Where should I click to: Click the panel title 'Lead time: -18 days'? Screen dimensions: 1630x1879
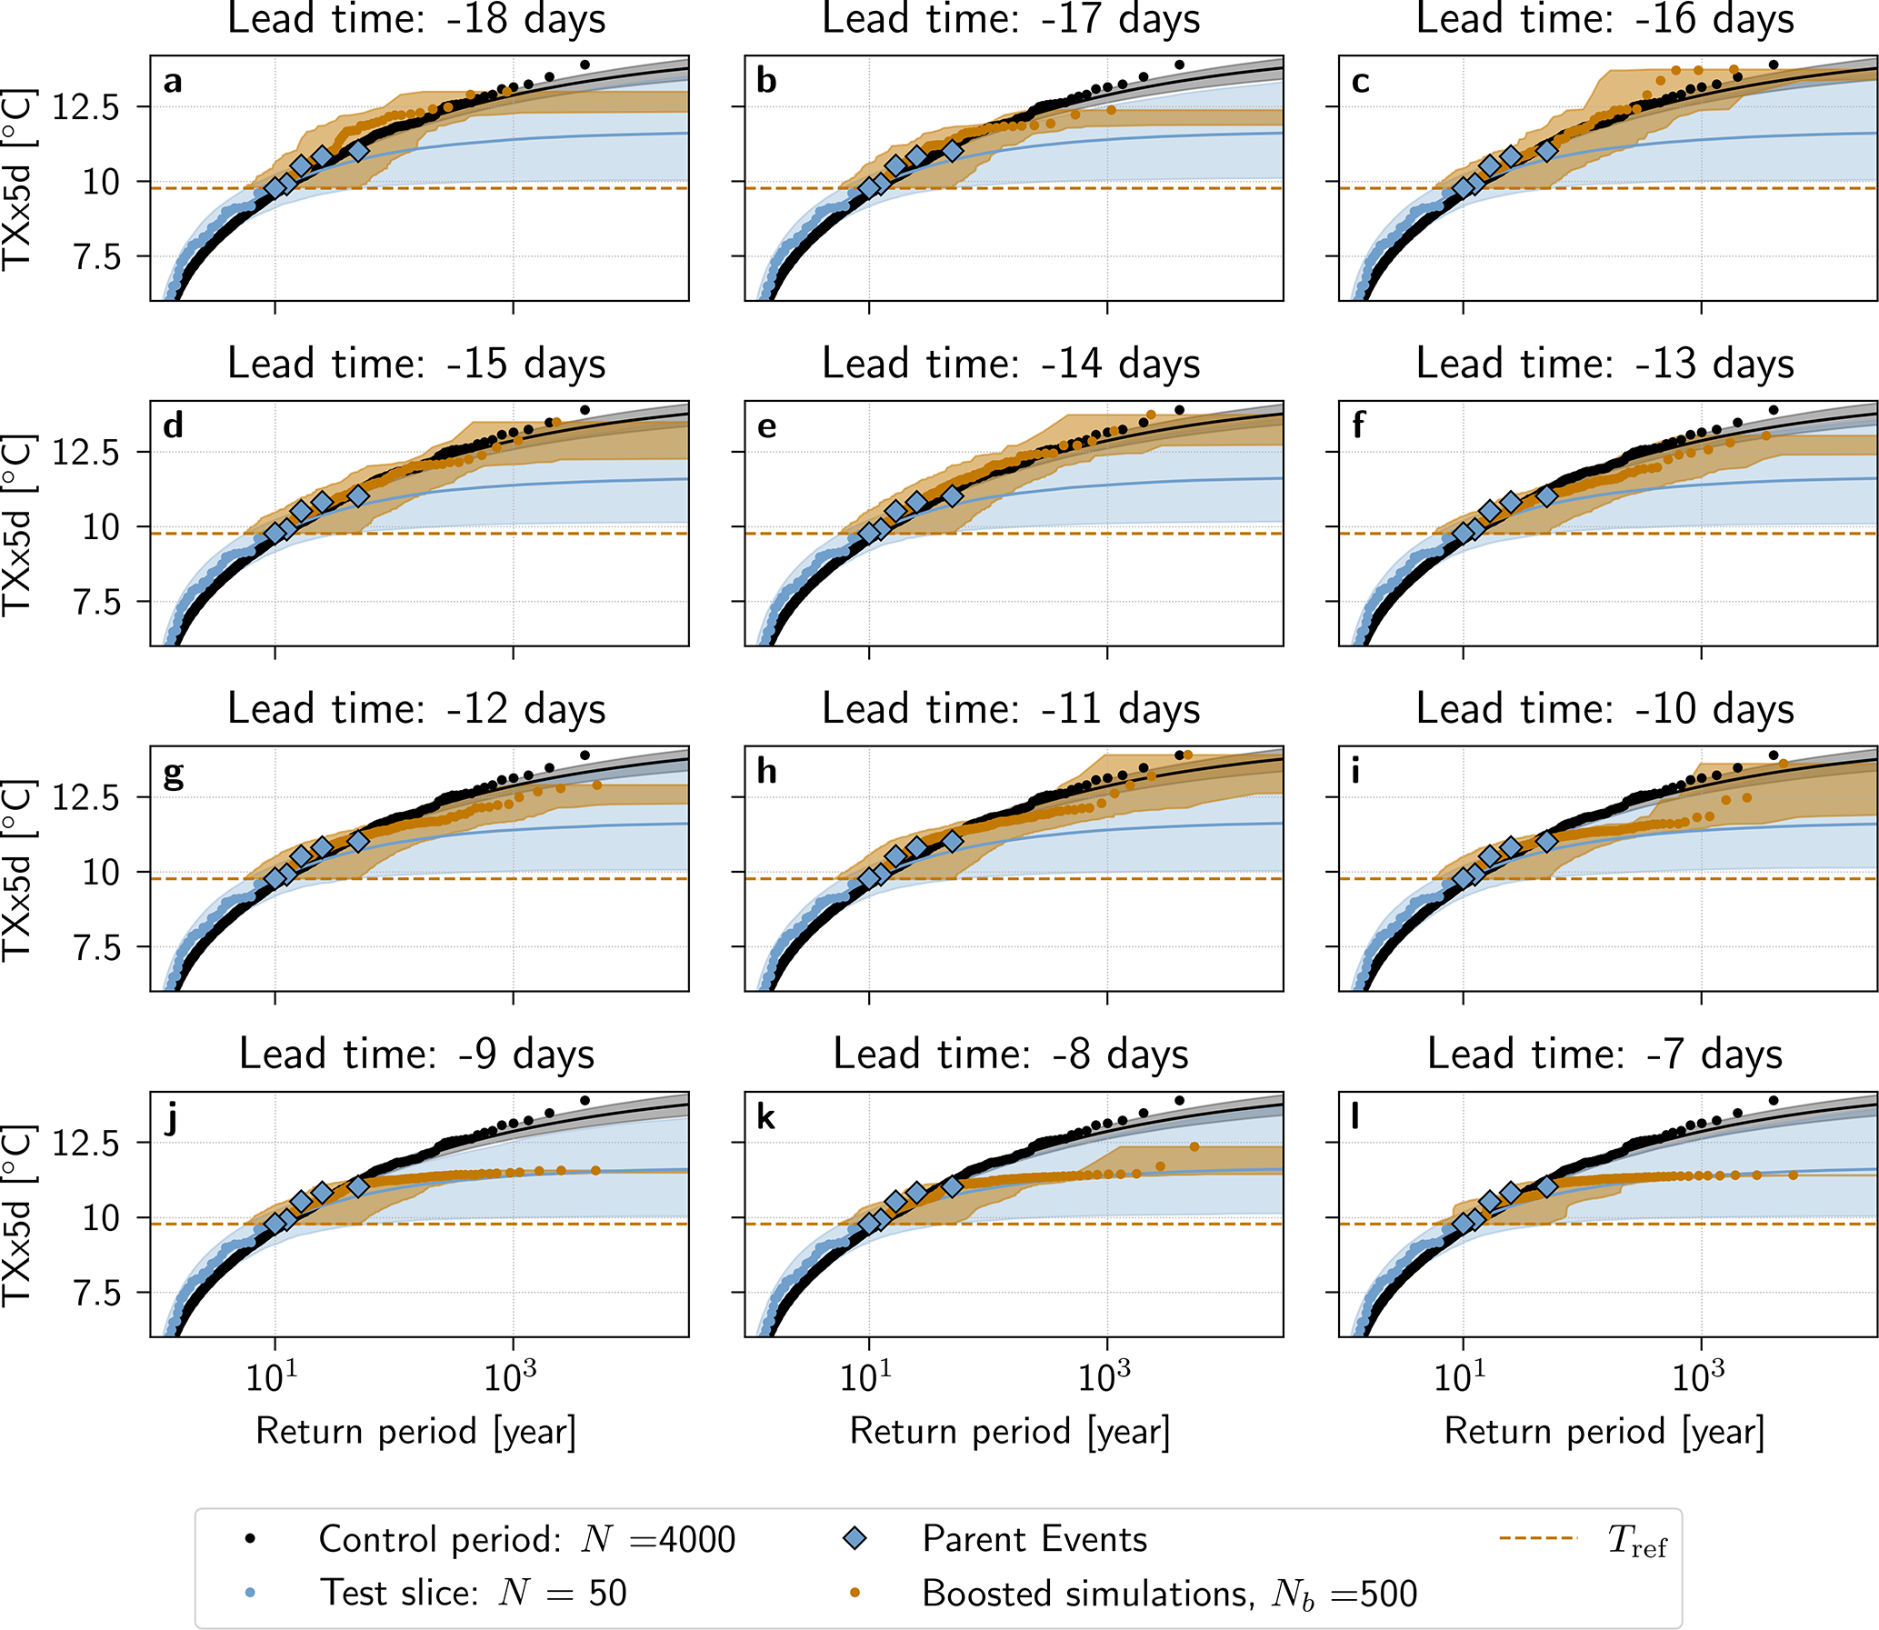416,20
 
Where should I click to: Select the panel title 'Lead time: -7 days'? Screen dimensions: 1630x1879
1605,1055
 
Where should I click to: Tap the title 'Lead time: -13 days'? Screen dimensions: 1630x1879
1605,364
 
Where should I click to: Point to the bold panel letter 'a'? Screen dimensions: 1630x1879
173,82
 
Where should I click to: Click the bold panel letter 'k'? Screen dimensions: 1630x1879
765,1117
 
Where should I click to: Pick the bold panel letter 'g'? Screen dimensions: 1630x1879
173,774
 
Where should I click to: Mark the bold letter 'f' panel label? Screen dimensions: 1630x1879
1359,425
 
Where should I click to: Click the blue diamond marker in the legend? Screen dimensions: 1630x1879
855,1538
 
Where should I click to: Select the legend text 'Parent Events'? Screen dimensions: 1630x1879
1035,1539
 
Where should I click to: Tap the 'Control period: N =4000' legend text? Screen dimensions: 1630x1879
526,1539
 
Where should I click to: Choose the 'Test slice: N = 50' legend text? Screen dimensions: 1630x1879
473,1593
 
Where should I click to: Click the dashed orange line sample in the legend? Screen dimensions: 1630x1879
1538,1538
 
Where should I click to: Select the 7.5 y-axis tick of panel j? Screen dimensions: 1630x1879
96,1293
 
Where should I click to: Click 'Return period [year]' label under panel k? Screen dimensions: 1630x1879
1011,1432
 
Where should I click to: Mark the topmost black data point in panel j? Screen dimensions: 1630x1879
585,1101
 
